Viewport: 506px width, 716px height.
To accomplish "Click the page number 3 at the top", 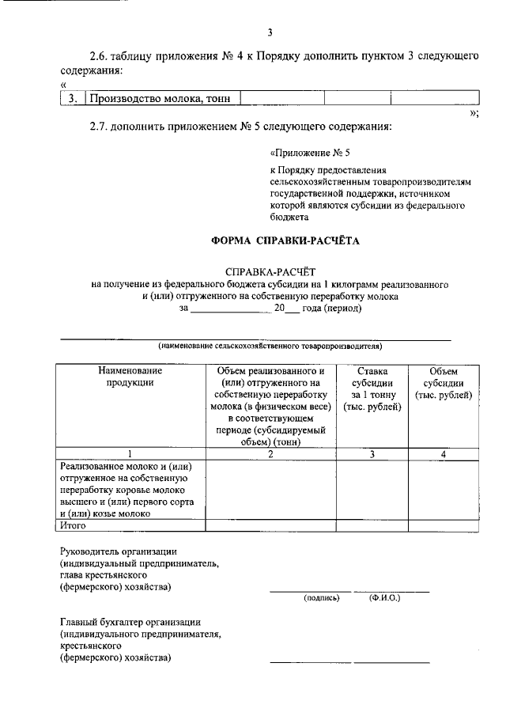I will point(269,32).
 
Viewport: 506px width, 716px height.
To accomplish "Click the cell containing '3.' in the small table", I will point(72,99).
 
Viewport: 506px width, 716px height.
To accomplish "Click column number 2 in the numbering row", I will point(270,453).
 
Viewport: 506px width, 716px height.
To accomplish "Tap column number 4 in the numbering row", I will point(443,453).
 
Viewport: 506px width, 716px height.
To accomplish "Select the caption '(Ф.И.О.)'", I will point(384,597).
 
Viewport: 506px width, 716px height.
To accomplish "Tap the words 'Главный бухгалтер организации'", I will point(130,622).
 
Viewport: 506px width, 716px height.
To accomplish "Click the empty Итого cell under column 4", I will point(443,525).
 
